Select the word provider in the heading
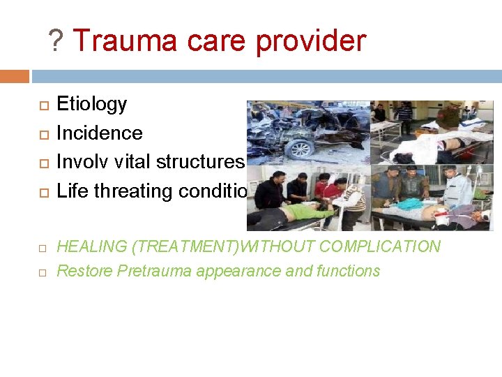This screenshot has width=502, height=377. tap(310, 42)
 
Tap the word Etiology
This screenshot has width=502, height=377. tap(91, 105)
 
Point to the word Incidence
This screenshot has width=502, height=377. tap(99, 133)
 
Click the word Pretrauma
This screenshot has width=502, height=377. tap(150, 271)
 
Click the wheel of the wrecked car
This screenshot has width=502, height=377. tap(301, 149)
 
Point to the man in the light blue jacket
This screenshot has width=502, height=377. tap(459, 188)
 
